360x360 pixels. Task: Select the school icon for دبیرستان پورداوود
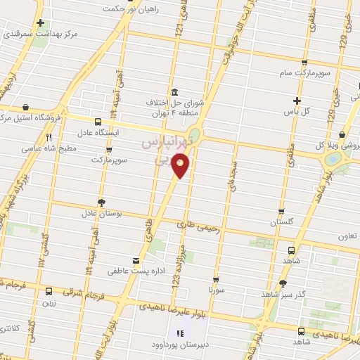pos(180,333)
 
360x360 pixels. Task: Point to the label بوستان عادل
pos(97,212)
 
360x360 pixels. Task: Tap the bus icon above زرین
pos(49,290)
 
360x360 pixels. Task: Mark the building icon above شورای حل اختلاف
pos(174,92)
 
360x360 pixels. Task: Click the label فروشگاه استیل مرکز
pos(35,119)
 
